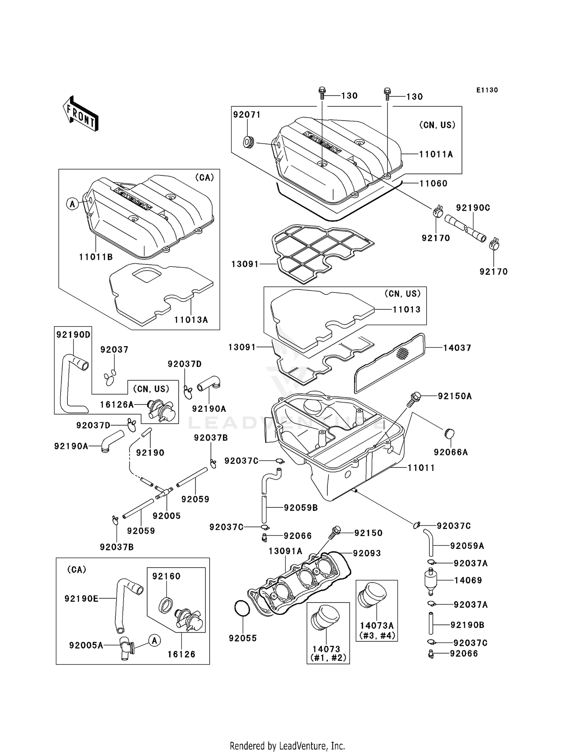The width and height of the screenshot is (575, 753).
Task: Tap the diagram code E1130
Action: click(x=487, y=90)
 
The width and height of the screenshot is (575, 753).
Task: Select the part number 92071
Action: click(x=247, y=115)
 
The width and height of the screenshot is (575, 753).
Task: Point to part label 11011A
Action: click(x=436, y=154)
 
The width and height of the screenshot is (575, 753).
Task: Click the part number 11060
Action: click(x=433, y=183)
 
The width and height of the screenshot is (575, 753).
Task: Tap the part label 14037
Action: click(x=457, y=348)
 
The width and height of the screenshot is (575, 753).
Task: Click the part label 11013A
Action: click(x=191, y=320)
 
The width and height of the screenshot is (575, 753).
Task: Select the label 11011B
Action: click(x=96, y=257)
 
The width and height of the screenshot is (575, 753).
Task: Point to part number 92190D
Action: click(x=73, y=335)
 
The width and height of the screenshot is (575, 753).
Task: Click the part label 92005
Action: click(x=166, y=516)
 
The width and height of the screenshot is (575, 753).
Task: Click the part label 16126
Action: click(x=181, y=654)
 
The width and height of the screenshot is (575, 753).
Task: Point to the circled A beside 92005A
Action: click(x=154, y=641)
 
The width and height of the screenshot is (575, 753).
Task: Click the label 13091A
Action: click(x=285, y=551)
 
